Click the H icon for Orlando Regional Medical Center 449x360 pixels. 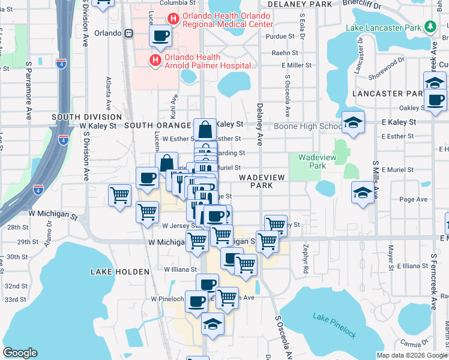coord(173,19)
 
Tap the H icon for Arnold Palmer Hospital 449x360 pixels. coord(155,60)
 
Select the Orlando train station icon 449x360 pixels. coord(128,34)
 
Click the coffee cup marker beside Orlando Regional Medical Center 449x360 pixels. coord(160,37)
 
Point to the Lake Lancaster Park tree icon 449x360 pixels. coord(430,26)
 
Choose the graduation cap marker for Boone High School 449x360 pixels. coord(352,123)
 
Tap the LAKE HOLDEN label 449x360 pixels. coord(119,272)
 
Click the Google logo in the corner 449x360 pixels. coord(20,352)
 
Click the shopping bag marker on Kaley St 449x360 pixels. coord(205,129)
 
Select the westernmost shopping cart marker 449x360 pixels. coord(119,194)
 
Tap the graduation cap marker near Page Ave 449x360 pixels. coord(362,192)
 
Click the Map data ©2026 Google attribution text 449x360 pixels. coord(412,355)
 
